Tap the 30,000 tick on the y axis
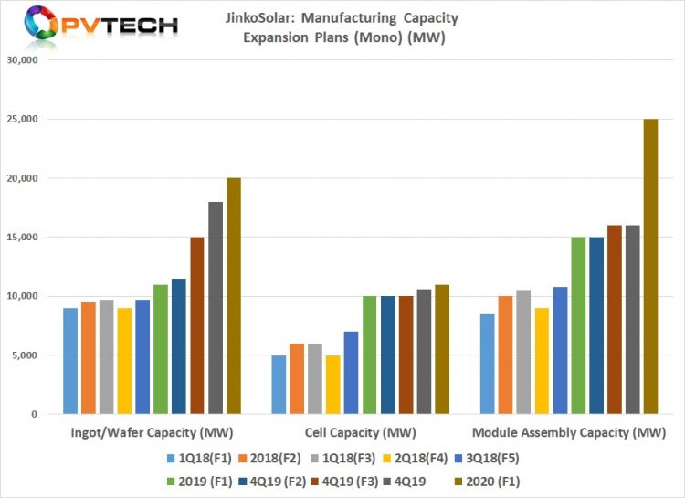20,60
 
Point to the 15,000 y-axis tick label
20,238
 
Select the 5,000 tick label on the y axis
23,355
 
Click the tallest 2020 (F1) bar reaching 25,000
650,266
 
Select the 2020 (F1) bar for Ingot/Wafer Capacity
233,296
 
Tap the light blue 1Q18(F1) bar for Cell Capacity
279,385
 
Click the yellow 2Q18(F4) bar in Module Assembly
542,361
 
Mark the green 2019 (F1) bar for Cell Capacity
370,355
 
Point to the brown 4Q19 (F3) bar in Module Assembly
614,320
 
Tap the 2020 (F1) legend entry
490,480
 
